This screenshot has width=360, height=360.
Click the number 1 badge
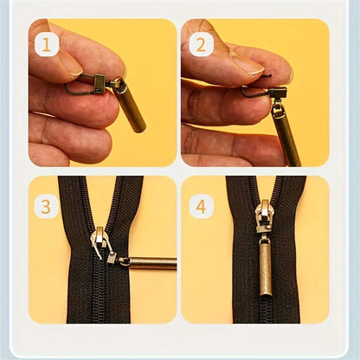(x=46, y=43)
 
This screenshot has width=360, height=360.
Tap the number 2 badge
(x=201, y=43)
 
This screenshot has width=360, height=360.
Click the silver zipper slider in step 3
(x=100, y=242)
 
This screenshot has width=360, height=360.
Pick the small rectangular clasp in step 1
(x=100, y=84)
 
